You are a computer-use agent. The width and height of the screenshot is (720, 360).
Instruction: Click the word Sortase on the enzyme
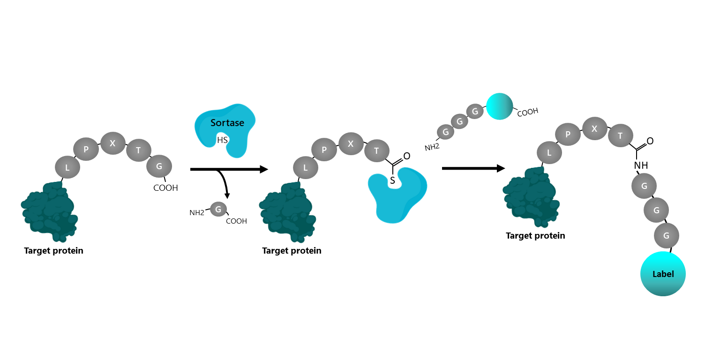[227, 123]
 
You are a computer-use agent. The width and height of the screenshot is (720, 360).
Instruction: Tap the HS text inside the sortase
[222, 140]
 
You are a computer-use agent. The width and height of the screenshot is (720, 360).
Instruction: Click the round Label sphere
[663, 274]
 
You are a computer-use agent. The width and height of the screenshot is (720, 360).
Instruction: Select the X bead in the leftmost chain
[112, 143]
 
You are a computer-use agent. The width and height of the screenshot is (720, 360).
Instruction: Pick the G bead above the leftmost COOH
[159, 166]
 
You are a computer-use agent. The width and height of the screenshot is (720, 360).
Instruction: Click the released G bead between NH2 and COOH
[218, 209]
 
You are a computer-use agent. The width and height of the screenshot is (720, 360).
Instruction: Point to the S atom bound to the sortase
[393, 180]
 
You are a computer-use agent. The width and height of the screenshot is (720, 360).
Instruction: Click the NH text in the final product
[641, 165]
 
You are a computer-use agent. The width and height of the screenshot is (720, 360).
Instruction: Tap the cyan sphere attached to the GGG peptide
[500, 106]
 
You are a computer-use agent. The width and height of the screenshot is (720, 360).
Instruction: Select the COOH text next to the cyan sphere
[527, 112]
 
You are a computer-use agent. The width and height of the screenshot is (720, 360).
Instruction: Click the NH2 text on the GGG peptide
[432, 147]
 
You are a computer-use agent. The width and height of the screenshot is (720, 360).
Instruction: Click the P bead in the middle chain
[324, 150]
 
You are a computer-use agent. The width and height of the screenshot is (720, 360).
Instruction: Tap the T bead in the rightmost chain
[620, 136]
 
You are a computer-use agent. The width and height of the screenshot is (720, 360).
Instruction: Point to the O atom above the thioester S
[406, 156]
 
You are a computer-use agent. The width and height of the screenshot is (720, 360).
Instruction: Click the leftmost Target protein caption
[53, 251]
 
